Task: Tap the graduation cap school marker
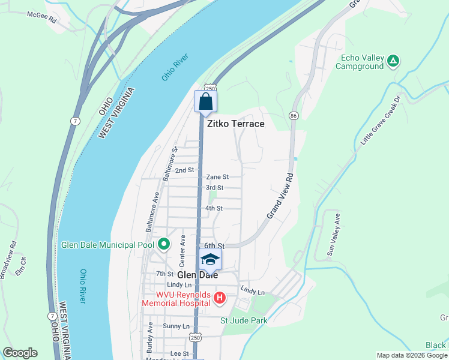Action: [x=209, y=259]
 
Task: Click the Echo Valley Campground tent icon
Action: [x=393, y=61]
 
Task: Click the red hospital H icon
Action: [x=220, y=298]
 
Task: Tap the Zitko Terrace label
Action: [x=235, y=124]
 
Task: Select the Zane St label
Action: [x=217, y=177]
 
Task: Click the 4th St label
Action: [x=214, y=208]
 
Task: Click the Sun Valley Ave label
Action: [x=333, y=235]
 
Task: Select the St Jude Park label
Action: [x=244, y=320]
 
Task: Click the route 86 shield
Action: [x=294, y=115]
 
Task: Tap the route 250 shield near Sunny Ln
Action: [x=195, y=338]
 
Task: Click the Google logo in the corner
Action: [x=20, y=353]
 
